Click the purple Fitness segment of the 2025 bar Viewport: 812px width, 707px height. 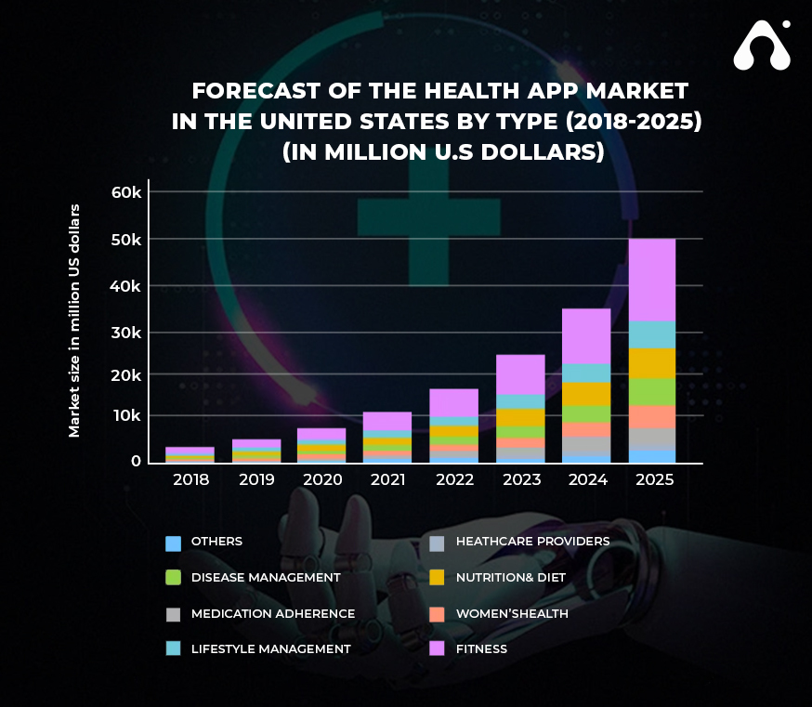651,280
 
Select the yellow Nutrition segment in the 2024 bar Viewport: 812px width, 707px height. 586,394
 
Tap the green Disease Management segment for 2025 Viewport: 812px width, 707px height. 651,391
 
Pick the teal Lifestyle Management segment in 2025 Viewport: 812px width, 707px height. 651,334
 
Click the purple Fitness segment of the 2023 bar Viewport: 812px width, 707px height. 520,374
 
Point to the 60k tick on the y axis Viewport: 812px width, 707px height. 125,192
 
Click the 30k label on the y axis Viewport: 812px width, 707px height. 125,332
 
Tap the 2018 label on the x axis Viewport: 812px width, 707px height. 191,480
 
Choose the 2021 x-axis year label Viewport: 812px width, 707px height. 387,480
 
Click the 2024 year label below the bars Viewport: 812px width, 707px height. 586,480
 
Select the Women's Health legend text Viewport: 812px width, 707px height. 512,613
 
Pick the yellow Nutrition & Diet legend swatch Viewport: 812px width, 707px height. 438,578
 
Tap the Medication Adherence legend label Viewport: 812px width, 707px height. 272,613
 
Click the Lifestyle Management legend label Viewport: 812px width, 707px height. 270,648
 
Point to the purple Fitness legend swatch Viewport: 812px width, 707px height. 438,648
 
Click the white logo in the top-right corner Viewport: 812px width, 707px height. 762,46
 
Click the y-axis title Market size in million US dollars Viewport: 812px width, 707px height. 74,320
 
